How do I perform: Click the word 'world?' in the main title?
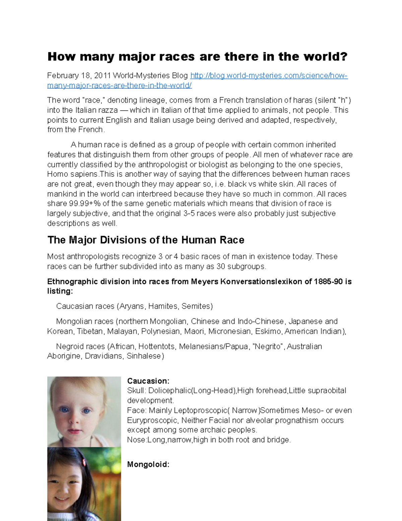click(325, 57)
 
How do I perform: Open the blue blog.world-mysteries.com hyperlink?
click(269, 76)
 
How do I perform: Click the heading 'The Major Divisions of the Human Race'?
click(146, 240)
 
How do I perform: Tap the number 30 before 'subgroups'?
click(220, 267)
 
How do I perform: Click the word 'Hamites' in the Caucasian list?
click(163, 306)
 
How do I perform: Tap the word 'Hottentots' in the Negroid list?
click(156, 347)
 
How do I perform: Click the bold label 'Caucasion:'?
click(148, 381)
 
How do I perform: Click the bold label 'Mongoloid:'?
click(148, 465)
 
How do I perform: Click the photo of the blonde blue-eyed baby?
click(84, 411)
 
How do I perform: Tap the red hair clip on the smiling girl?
click(84, 462)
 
